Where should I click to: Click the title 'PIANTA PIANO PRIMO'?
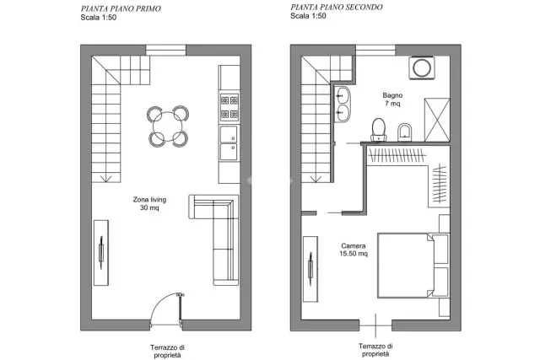pyautogui.click(x=121, y=8)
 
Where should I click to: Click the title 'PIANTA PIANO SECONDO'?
pyautogui.click(x=337, y=8)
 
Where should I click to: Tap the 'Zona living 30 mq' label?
pyautogui.click(x=149, y=203)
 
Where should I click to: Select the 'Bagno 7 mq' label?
pyautogui.click(x=392, y=99)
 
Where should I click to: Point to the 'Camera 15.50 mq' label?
pyautogui.click(x=354, y=250)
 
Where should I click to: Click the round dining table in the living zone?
pyautogui.click(x=168, y=126)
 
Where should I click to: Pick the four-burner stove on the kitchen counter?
pyautogui.click(x=229, y=107)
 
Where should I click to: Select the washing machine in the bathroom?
pyautogui.click(x=422, y=67)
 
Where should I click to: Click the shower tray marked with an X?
pyautogui.click(x=437, y=120)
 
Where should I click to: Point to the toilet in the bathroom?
pyautogui.click(x=379, y=130)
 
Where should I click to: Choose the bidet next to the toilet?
pyautogui.click(x=404, y=132)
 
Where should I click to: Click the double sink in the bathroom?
pyautogui.click(x=343, y=104)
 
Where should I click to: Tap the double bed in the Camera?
pyautogui.click(x=413, y=266)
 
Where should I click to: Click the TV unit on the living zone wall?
pyautogui.click(x=101, y=253)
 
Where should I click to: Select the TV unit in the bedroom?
pyautogui.click(x=310, y=269)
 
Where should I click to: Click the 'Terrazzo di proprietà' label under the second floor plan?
pyautogui.click(x=375, y=350)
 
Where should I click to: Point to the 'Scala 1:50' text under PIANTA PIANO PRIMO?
pyautogui.click(x=99, y=18)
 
